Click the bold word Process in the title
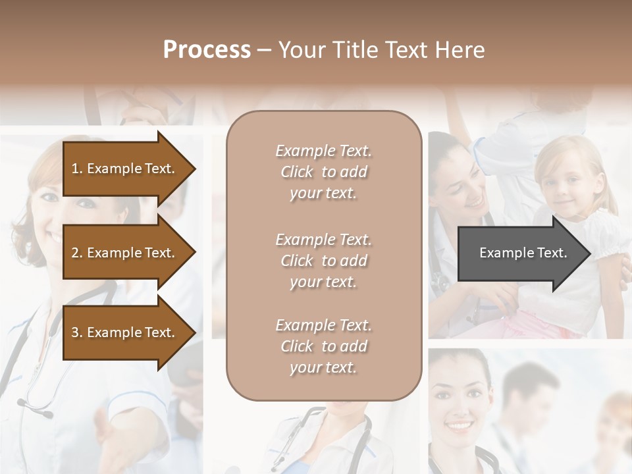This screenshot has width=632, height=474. click(207, 50)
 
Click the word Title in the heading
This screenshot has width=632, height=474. click(356, 50)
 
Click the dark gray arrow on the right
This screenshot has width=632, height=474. click(520, 253)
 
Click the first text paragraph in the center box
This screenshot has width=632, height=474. click(323, 172)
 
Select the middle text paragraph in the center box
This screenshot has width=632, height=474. click(323, 261)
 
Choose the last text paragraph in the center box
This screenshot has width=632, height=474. click(323, 346)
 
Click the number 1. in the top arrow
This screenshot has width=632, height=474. click(77, 169)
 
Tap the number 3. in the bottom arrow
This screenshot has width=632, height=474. click(77, 332)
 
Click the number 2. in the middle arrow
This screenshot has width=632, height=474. click(77, 253)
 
